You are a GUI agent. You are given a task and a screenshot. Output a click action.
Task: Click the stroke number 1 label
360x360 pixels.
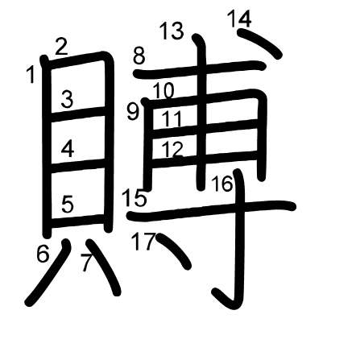[x=31, y=75]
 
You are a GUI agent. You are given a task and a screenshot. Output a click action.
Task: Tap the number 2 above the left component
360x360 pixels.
[x=61, y=47]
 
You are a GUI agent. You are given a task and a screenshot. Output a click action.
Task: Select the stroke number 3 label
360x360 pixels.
[x=67, y=99]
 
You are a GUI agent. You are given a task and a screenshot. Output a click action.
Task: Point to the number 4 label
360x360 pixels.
[x=68, y=149]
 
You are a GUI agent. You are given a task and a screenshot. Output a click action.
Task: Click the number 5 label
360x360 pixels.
[x=68, y=204]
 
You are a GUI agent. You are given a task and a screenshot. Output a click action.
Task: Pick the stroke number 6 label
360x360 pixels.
[x=43, y=254]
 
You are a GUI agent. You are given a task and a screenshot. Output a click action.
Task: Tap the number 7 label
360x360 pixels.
[x=87, y=263]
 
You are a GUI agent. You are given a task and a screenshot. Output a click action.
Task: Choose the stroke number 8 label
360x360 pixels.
[x=139, y=56]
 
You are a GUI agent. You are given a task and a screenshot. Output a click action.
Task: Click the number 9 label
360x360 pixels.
[x=134, y=112]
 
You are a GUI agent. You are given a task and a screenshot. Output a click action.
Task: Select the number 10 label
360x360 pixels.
[x=163, y=91]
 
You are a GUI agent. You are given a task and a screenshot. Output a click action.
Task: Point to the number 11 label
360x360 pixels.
[x=172, y=118]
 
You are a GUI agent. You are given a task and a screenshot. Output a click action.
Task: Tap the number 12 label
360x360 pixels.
[x=173, y=149]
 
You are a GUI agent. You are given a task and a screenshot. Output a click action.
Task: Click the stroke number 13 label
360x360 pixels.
[x=172, y=31]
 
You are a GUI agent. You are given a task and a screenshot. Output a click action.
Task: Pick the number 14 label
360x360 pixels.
[x=239, y=19]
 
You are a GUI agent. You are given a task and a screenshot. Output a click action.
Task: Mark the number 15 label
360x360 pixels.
[x=134, y=197]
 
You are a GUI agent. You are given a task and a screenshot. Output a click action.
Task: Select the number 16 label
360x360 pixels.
[x=221, y=184]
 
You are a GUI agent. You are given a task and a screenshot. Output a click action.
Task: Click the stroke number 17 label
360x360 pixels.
[x=143, y=241]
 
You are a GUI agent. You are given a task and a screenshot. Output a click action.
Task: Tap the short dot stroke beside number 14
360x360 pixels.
[x=260, y=44]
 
